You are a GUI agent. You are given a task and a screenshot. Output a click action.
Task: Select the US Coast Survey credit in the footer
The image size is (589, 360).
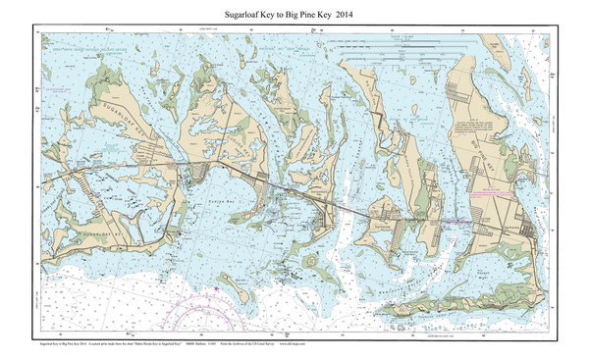[x=241, y=346]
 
